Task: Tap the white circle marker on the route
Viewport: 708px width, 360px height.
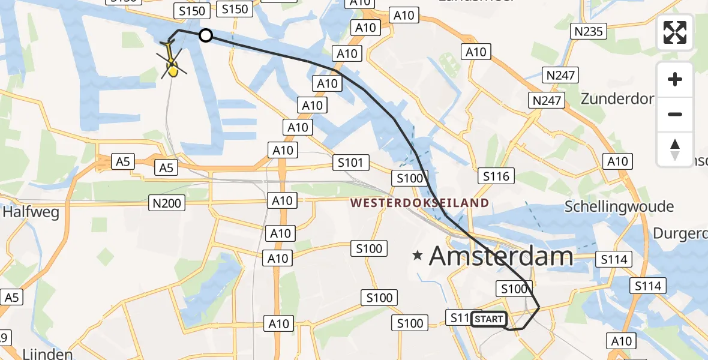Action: [x=206, y=36]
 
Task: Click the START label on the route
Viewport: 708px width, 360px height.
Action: [x=488, y=319]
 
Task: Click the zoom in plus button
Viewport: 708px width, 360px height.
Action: [x=675, y=79]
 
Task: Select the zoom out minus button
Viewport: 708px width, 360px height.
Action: [x=675, y=114]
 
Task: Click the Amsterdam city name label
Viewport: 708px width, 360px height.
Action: [x=501, y=257]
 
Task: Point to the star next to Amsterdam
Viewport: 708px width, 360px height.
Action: [x=418, y=256]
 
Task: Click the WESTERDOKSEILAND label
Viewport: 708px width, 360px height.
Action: [x=419, y=203]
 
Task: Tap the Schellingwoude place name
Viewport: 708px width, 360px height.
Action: [x=619, y=207]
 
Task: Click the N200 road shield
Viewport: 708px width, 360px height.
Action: [x=166, y=204]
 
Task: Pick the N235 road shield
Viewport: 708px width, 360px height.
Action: [x=588, y=31]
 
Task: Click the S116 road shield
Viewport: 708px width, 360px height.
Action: [x=496, y=176]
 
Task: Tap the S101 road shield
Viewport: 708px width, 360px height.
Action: [x=350, y=163]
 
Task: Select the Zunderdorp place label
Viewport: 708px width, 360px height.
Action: [x=617, y=99]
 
